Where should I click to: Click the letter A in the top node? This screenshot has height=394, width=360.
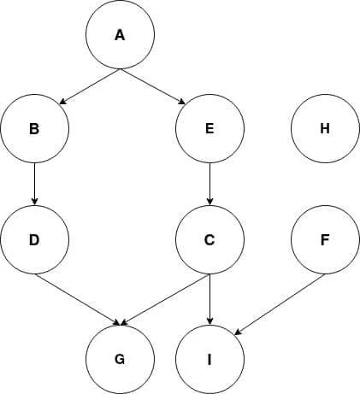tap(120, 35)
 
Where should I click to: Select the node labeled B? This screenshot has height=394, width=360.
tap(34, 128)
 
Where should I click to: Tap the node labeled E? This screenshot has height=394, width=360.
tap(210, 128)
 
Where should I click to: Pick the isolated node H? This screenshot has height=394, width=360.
tap(325, 128)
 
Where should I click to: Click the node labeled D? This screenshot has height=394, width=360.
tap(34, 239)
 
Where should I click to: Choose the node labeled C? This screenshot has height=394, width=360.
tap(210, 239)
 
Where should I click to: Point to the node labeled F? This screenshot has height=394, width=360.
tap(325, 239)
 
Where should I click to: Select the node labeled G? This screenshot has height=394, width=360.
tap(120, 359)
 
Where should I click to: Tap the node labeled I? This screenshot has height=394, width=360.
tap(210, 359)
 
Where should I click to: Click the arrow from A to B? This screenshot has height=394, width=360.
tap(90, 86)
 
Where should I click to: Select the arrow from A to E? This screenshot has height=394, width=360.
tap(152, 86)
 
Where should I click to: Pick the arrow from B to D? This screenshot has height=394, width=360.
tap(35, 184)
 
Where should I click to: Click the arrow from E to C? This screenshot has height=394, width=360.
tap(210, 184)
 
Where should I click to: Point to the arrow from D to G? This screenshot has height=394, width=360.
tap(77, 299)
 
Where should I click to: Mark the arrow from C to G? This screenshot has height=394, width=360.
tap(165, 299)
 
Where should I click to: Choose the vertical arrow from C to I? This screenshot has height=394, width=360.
tap(210, 299)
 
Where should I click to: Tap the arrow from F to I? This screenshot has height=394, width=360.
tap(280, 304)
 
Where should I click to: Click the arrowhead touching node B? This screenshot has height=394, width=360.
tap(62, 102)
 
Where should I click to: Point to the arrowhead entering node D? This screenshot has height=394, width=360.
tap(35, 202)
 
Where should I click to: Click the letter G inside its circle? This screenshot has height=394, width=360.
tap(120, 360)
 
